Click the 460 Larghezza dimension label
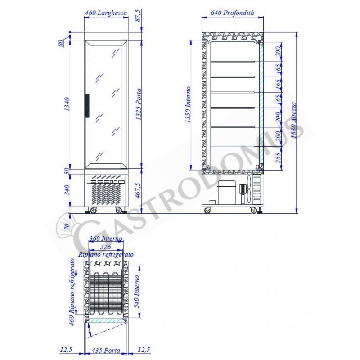(106, 13)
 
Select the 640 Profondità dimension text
(232, 13)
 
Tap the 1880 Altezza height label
(294, 120)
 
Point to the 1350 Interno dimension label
(188, 104)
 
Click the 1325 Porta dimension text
(139, 104)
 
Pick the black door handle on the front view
(87, 106)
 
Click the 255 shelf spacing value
(278, 158)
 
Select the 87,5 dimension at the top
(139, 16)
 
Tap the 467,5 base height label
(139, 190)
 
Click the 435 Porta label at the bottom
(106, 351)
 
